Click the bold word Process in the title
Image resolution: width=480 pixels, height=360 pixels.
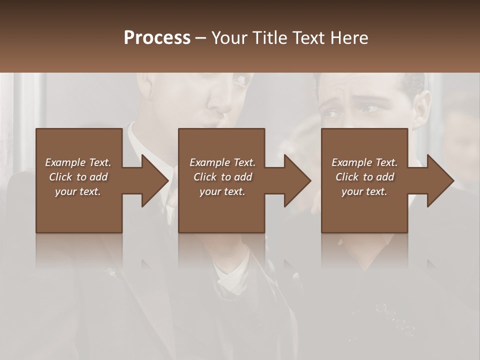pyautogui.click(x=157, y=38)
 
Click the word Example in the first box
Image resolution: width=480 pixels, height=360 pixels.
pyautogui.click(x=65, y=162)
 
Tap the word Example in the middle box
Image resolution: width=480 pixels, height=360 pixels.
pyautogui.click(x=209, y=162)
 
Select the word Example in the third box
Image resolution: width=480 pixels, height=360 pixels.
pyautogui.click(x=351, y=162)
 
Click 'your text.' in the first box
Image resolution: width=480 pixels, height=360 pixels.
pyautogui.click(x=78, y=191)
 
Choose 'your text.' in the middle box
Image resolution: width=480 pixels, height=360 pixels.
pyautogui.click(x=222, y=191)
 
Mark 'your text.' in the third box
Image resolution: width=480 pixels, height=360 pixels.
pyautogui.click(x=364, y=191)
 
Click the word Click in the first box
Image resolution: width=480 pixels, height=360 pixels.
pyautogui.click(x=60, y=177)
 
